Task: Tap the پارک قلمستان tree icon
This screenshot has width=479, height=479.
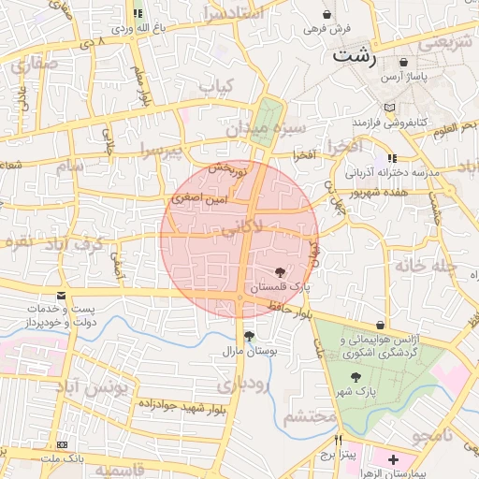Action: (283, 270)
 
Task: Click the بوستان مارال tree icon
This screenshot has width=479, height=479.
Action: (248, 336)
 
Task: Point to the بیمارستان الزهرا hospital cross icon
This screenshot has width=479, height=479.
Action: (393, 460)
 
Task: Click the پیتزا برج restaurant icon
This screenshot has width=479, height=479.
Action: (340, 439)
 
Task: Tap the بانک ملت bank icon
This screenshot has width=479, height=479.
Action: (62, 444)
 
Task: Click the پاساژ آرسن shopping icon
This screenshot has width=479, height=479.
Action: (402, 62)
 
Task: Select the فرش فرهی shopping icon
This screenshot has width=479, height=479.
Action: (327, 15)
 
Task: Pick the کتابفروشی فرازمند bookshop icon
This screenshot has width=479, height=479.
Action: (389, 108)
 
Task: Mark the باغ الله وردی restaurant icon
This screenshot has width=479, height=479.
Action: (138, 14)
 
